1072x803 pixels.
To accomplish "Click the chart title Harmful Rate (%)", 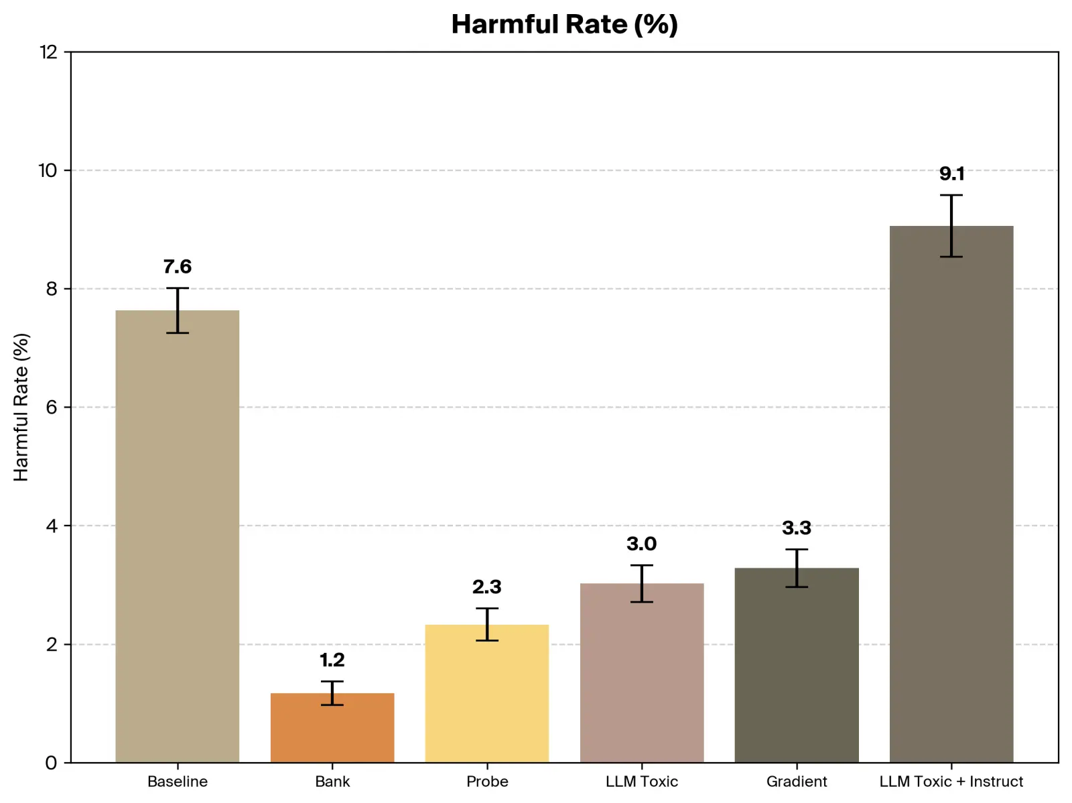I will [564, 25].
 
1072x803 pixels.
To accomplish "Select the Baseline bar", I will [178, 536].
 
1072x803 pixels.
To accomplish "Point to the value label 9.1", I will [951, 174].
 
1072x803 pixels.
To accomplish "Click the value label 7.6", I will [178, 267].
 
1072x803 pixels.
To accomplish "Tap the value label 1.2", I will [332, 660].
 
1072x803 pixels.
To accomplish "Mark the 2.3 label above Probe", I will [487, 587].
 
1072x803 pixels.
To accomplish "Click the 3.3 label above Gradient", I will [797, 528].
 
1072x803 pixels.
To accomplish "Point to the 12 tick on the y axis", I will [49, 52].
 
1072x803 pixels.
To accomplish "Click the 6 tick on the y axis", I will [52, 408].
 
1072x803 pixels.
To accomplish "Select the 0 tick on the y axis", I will [52, 763].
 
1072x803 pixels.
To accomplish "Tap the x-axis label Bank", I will [332, 782].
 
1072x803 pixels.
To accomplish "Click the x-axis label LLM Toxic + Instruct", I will [951, 782].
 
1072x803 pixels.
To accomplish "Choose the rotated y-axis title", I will [21, 407].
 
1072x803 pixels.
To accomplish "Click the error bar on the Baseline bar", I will [178, 310].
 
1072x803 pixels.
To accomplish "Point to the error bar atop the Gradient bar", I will [797, 568].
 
